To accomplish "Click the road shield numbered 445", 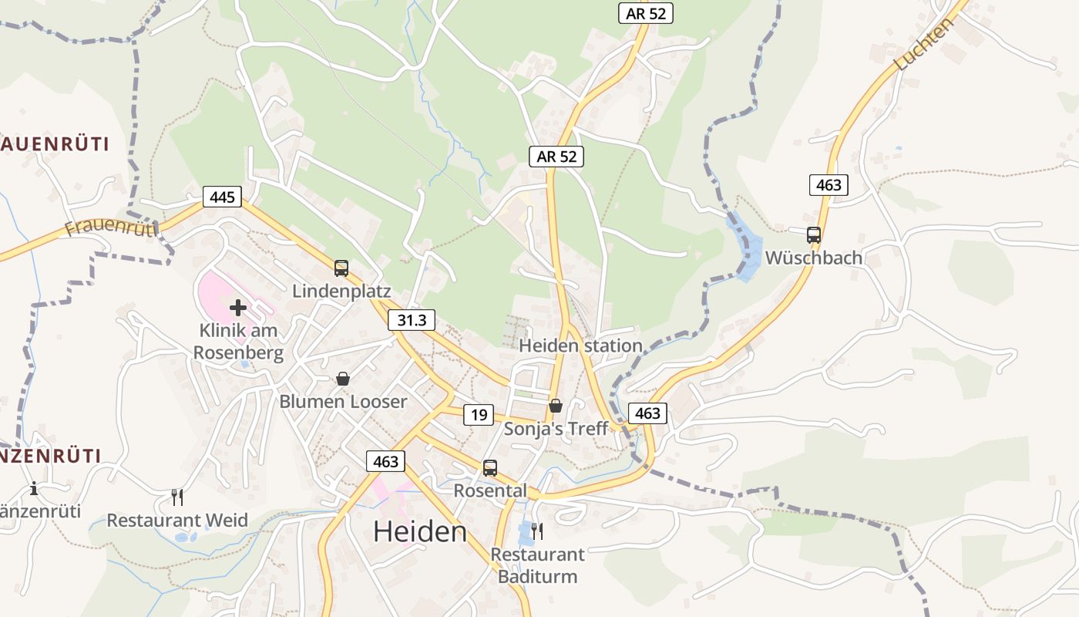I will (x=222, y=197).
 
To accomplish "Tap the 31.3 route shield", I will (x=412, y=320).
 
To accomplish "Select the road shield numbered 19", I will (x=479, y=415).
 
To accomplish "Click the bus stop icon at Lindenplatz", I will (x=341, y=268).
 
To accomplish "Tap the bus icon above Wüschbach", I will (x=814, y=235).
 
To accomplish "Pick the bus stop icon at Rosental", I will (x=489, y=467).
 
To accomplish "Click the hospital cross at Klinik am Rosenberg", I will (x=238, y=308).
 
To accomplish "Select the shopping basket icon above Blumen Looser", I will (x=343, y=379).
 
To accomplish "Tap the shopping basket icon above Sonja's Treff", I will (x=556, y=406).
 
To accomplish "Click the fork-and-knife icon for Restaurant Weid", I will (x=177, y=497).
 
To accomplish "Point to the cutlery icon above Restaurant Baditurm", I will (x=537, y=531).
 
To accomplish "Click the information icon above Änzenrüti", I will (x=34, y=488).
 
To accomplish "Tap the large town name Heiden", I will (x=420, y=531).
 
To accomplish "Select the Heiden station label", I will (x=580, y=346).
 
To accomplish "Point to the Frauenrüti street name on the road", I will (x=111, y=227).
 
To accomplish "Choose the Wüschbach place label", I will (x=813, y=258).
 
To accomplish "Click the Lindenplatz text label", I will (x=341, y=292).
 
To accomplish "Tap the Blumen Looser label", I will (x=343, y=401).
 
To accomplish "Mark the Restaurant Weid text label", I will (x=177, y=520).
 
